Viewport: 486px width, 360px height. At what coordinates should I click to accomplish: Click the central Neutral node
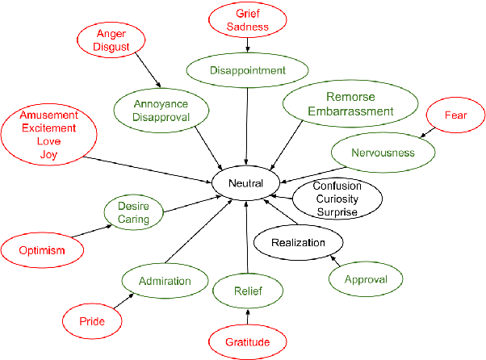[x=245, y=183]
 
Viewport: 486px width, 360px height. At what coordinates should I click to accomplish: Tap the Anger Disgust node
[x=111, y=40]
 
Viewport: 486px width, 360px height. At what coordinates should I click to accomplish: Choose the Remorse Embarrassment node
[x=350, y=104]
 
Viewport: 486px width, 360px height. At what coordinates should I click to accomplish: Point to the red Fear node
[x=455, y=115]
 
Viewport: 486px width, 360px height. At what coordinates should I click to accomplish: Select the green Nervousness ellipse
[x=383, y=153]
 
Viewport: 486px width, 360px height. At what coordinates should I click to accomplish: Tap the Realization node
[x=298, y=242]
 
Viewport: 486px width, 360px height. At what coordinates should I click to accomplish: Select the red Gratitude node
[x=249, y=342]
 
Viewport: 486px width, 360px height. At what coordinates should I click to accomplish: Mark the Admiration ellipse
[x=165, y=282]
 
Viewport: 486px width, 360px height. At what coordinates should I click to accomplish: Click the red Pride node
[x=92, y=321]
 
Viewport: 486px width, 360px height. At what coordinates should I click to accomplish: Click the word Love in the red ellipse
[x=48, y=141]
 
